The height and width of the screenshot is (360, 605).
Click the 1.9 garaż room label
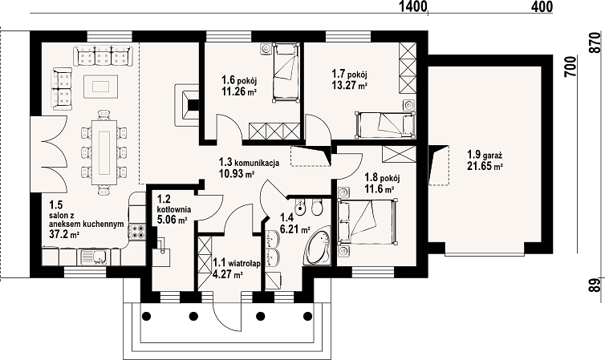[x=484, y=155]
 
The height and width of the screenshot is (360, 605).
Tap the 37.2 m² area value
[x=64, y=233]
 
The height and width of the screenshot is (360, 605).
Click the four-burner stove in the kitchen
[x=137, y=231]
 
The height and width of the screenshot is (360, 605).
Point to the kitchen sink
[x=95, y=257]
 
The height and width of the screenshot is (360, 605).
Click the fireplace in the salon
[x=187, y=104]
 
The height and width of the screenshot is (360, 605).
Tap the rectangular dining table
[x=104, y=152]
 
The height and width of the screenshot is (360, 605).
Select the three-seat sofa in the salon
[x=103, y=55]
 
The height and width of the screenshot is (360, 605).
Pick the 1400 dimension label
[x=413, y=6]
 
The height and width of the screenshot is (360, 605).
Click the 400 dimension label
[x=542, y=6]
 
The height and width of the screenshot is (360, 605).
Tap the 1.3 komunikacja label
[x=249, y=162]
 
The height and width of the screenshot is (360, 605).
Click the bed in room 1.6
[x=286, y=72]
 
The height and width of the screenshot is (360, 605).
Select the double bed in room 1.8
[x=367, y=221]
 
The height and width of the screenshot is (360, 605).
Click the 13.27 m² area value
[x=349, y=85]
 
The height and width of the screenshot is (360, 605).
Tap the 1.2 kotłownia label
[x=174, y=204]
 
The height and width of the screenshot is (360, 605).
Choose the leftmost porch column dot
[x=146, y=317]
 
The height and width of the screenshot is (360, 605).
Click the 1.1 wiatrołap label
[x=237, y=263]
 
